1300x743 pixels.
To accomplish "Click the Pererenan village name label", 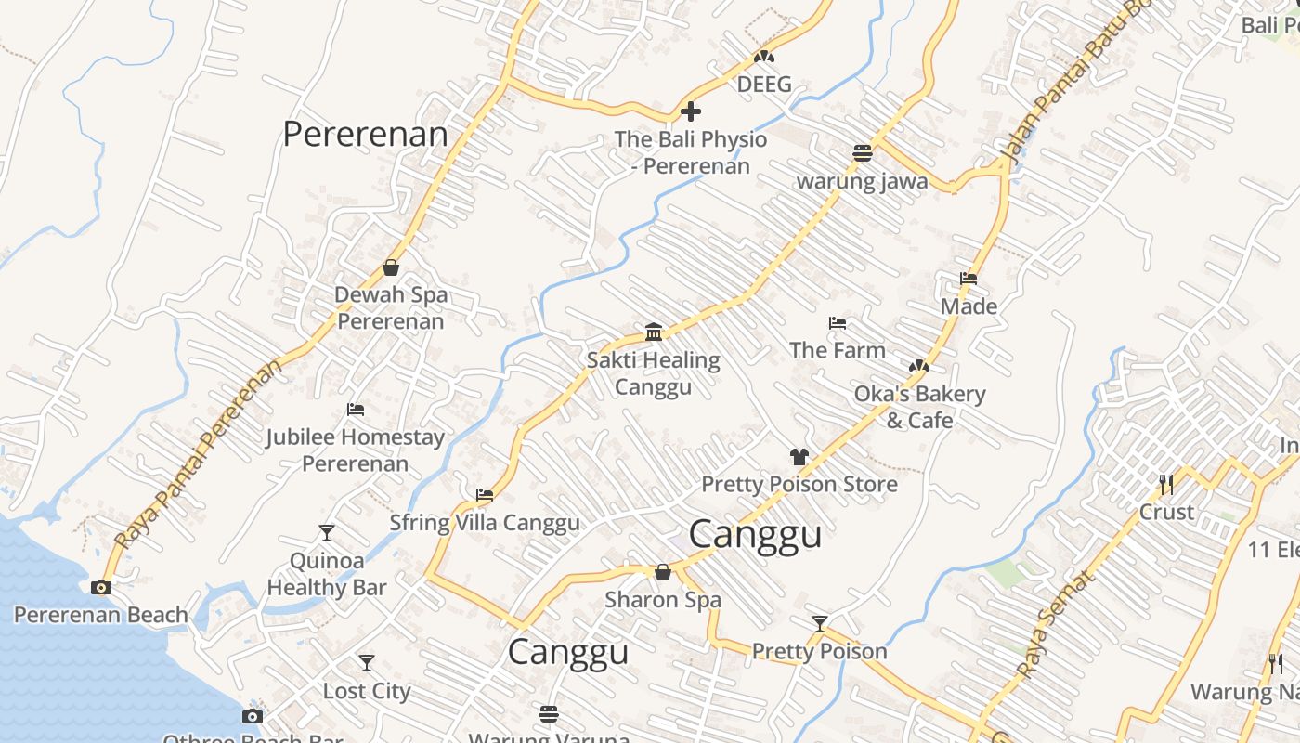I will pyautogui.click(x=365, y=134).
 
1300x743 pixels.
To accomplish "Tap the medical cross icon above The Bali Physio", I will pyautogui.click(x=691, y=112).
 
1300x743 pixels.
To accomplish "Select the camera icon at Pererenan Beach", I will pyautogui.click(x=101, y=587).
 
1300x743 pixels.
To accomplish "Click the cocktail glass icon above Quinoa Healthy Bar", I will pyautogui.click(x=326, y=533).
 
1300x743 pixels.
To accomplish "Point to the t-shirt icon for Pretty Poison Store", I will pyautogui.click(x=799, y=456).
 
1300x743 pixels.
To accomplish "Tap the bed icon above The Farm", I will pyautogui.click(x=837, y=323).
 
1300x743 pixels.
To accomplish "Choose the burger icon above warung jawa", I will pyautogui.click(x=863, y=153).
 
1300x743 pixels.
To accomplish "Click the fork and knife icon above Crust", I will pyautogui.click(x=1166, y=484).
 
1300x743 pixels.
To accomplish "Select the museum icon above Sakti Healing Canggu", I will pyautogui.click(x=654, y=332).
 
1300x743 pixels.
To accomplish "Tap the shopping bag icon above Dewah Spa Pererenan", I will pyautogui.click(x=391, y=267).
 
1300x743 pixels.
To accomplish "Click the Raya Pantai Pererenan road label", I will pyautogui.click(x=198, y=454).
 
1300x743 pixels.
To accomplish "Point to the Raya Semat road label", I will pyautogui.click(x=1055, y=623).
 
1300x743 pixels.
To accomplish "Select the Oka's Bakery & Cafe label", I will pyautogui.click(x=919, y=407).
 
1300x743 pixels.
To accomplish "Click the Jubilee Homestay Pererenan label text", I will pyautogui.click(x=355, y=450).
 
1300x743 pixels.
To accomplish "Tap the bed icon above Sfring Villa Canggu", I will pyautogui.click(x=484, y=495).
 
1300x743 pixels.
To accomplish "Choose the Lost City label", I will pyautogui.click(x=366, y=691).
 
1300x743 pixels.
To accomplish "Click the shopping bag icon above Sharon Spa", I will pyautogui.click(x=663, y=572).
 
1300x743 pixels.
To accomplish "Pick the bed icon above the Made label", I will pyautogui.click(x=968, y=279).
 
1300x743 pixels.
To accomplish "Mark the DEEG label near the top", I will pyautogui.click(x=764, y=85).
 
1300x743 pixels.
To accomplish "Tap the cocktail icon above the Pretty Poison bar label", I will pyautogui.click(x=819, y=623).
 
